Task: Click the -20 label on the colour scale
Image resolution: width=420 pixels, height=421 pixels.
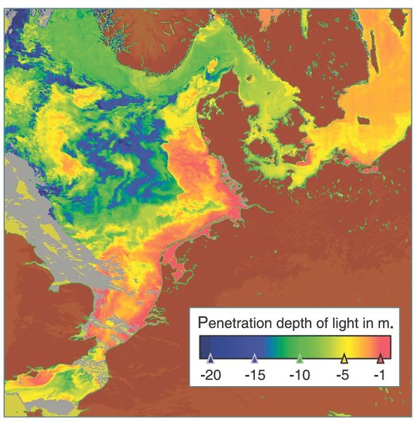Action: (x=211, y=375)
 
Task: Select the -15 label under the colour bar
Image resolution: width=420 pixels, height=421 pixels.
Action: (x=255, y=375)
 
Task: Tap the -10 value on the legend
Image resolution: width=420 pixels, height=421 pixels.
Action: (x=300, y=375)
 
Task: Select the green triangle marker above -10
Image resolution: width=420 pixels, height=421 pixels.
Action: (x=300, y=359)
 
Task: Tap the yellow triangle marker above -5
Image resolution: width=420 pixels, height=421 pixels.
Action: (x=344, y=359)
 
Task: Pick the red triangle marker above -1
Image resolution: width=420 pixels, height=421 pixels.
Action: (x=380, y=359)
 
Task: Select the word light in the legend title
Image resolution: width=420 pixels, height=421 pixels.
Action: (x=340, y=324)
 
